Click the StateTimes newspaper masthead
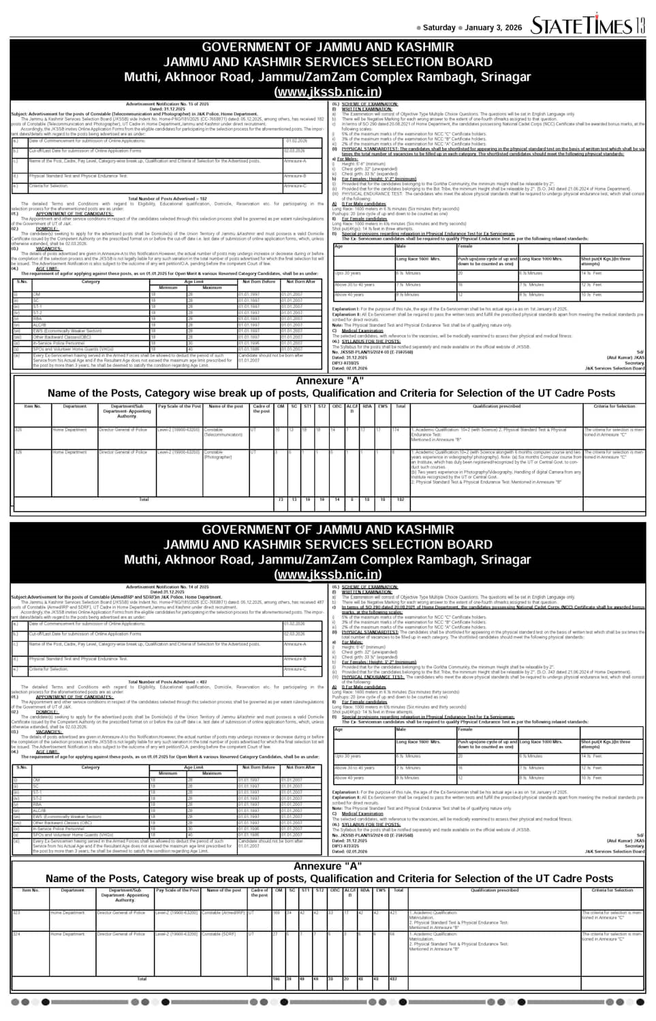582,25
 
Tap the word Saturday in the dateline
439,28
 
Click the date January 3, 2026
493,28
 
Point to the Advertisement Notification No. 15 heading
167,104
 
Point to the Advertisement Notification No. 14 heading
167,587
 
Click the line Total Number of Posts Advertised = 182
167,199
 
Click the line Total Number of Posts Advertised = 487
167,681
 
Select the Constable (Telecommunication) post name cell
223,432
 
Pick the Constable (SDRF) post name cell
218,934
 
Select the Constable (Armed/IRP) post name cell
223,913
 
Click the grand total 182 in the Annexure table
400,500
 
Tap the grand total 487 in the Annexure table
393,979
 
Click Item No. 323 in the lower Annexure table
17,913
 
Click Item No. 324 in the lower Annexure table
17,934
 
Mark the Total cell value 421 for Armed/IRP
393,913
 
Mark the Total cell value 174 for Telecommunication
396,430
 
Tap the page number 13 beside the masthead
640,25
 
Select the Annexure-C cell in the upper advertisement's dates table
295,186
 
